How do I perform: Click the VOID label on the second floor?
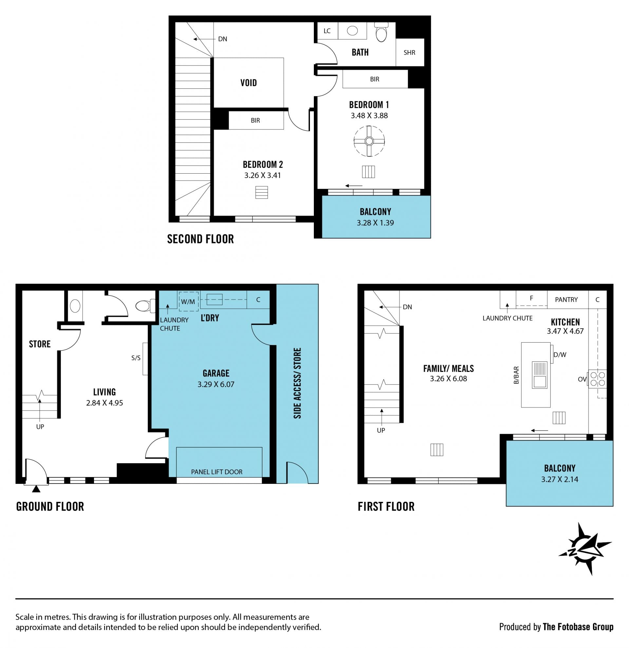tap(248, 83)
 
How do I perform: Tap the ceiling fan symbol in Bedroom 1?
tap(369, 141)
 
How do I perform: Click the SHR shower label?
tap(409, 52)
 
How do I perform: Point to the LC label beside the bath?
tap(327, 31)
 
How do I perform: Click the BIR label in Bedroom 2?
tap(255, 120)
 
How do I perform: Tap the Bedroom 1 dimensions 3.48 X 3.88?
tap(369, 116)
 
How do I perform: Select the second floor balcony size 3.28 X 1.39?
tap(375, 223)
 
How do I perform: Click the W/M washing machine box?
tap(188, 301)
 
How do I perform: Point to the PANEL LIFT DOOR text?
tap(217, 472)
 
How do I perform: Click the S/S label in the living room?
tap(136, 358)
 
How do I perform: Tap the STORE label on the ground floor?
tap(40, 344)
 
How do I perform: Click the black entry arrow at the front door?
tap(36, 489)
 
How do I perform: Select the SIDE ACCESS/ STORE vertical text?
tap(297, 383)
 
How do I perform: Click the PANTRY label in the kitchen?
tap(566, 299)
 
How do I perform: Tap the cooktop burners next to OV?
tap(598, 379)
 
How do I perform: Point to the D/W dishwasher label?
tap(560, 355)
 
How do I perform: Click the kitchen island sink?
tap(540, 375)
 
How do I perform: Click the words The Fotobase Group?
tap(578, 627)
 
